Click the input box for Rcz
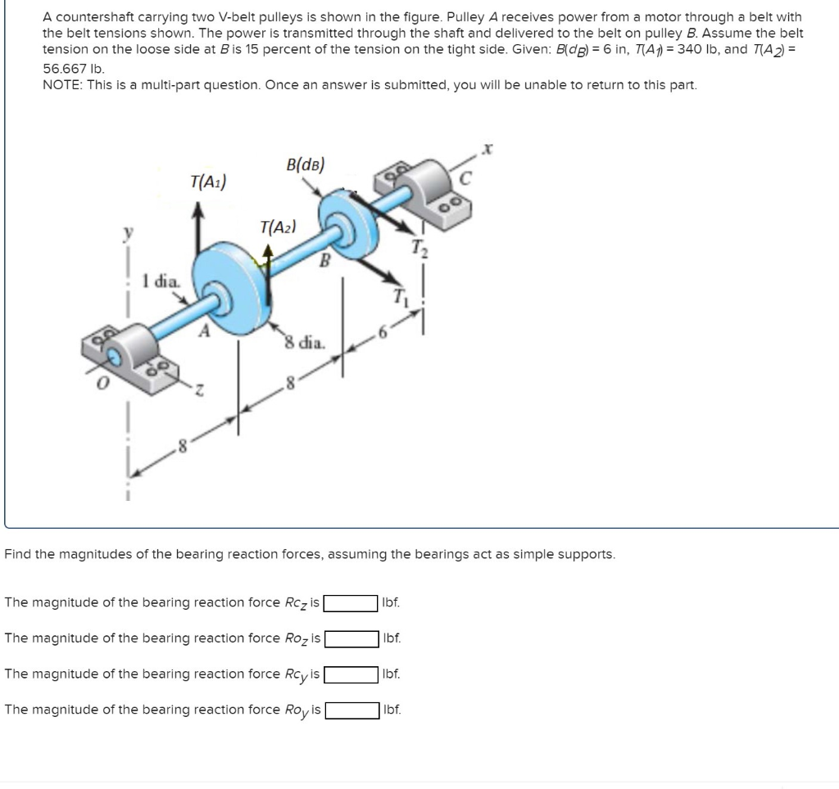pyautogui.click(x=350, y=603)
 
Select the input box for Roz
pyautogui.click(x=350, y=638)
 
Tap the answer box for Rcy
pyautogui.click(x=350, y=674)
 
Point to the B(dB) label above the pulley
pyautogui.click(x=306, y=164)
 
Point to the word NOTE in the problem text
pyautogui.click(x=62, y=86)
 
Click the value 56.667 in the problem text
pyautogui.click(x=63, y=70)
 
